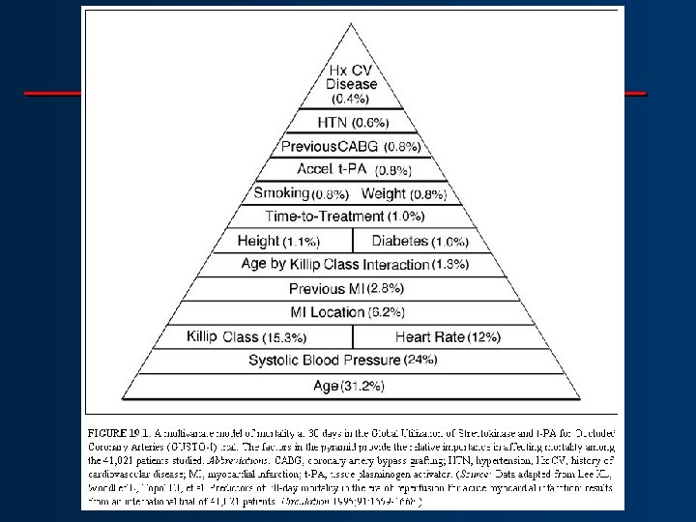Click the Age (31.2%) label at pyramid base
click(x=349, y=387)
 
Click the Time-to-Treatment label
click(x=324, y=215)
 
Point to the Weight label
click(x=385, y=192)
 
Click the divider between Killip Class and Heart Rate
click(x=353, y=336)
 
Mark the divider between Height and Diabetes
click(x=352, y=240)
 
